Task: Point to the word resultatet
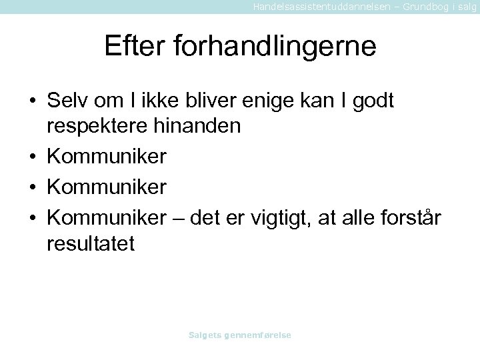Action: [91, 243]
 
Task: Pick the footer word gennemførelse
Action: [259, 336]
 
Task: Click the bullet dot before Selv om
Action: [32, 102]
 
